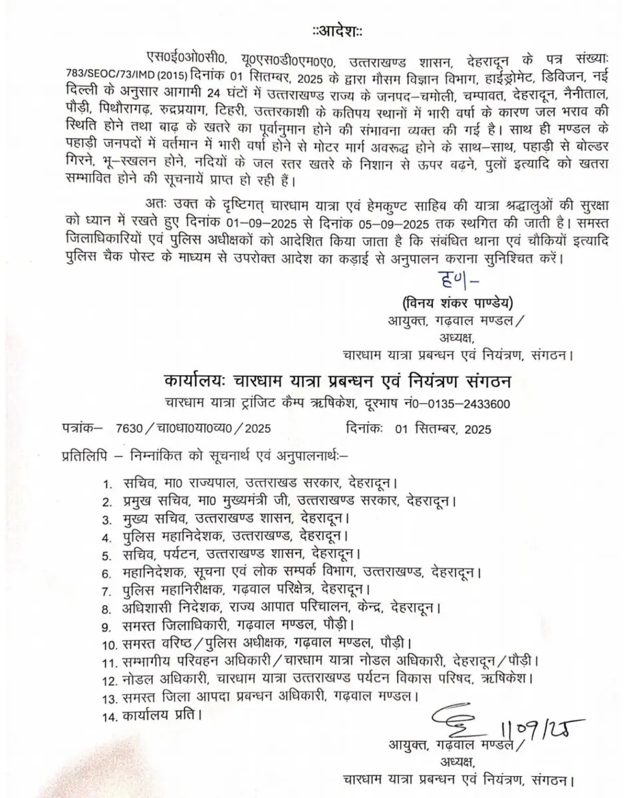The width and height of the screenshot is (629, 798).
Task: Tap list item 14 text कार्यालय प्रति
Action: tap(161, 716)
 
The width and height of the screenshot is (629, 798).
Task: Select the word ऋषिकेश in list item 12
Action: tap(507, 680)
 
